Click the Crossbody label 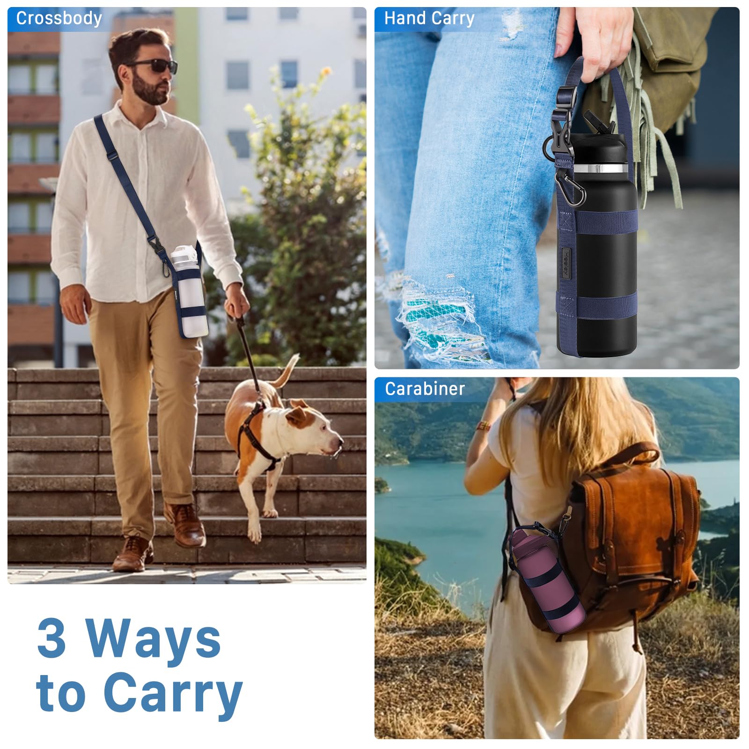tap(59, 18)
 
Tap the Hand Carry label tap(429, 18)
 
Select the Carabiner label tap(425, 389)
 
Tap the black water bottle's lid tap(602, 140)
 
